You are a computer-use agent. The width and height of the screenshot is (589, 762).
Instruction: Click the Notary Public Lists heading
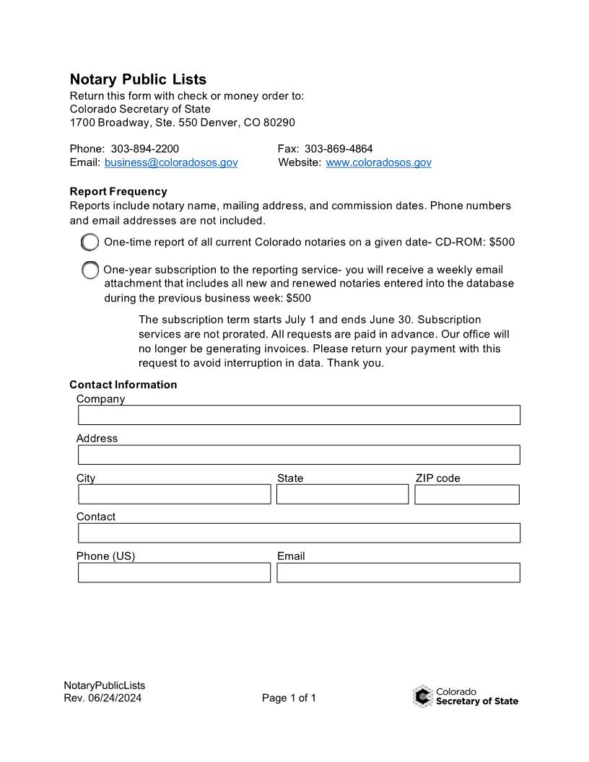[138, 79]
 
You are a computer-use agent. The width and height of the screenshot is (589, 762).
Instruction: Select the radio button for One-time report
[90, 242]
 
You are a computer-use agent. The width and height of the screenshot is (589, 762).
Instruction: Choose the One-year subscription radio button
[90, 271]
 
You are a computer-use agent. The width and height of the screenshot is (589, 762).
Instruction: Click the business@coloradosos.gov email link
[171, 162]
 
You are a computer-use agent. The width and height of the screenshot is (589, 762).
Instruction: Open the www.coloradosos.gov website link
[378, 162]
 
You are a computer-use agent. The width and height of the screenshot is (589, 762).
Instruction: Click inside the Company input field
[299, 415]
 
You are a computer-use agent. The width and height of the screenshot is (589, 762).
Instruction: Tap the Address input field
[299, 455]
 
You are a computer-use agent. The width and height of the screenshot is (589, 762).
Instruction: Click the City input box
[174, 494]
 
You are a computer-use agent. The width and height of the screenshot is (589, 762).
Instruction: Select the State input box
[342, 494]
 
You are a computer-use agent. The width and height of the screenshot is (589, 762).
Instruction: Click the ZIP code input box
[466, 494]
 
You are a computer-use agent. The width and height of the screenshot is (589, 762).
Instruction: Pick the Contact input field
[299, 533]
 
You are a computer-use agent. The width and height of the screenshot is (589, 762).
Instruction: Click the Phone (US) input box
[174, 572]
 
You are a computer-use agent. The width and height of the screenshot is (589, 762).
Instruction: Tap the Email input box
[398, 572]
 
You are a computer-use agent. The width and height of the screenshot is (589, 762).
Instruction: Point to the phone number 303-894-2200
[144, 149]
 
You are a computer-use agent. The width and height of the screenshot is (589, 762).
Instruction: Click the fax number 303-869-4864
[339, 149]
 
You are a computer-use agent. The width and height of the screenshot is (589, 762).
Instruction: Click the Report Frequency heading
[118, 191]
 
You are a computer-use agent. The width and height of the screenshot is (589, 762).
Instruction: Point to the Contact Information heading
[123, 385]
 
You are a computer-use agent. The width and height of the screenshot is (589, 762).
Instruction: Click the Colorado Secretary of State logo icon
[423, 696]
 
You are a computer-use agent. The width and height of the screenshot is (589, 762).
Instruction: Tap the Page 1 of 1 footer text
[289, 698]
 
